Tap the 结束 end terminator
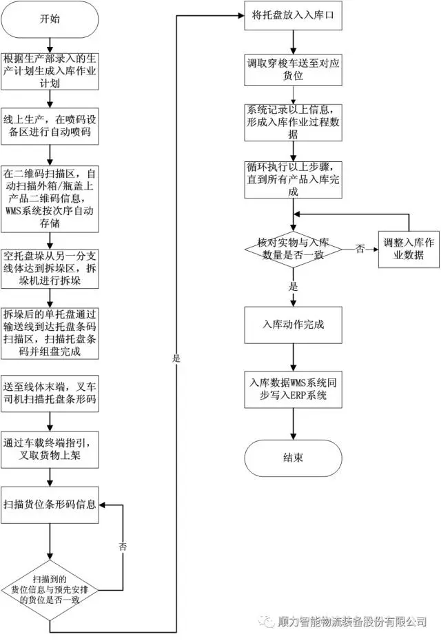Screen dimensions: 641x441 pyautogui.click(x=293, y=458)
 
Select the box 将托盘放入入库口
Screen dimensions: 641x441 pyautogui.click(x=293, y=15)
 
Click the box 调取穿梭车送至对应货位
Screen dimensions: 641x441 pyautogui.click(x=293, y=69)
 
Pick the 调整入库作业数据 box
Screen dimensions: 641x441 pyautogui.click(x=410, y=250)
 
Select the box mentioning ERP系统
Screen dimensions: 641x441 pyautogui.click(x=293, y=389)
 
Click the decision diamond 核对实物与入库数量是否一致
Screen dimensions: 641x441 pyautogui.click(x=293, y=250)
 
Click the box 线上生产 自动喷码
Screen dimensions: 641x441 pyautogui.click(x=50, y=125)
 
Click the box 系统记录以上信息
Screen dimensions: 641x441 pyautogui.click(x=293, y=122)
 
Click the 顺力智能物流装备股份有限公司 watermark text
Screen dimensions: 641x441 pyautogui.click(x=351, y=622)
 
